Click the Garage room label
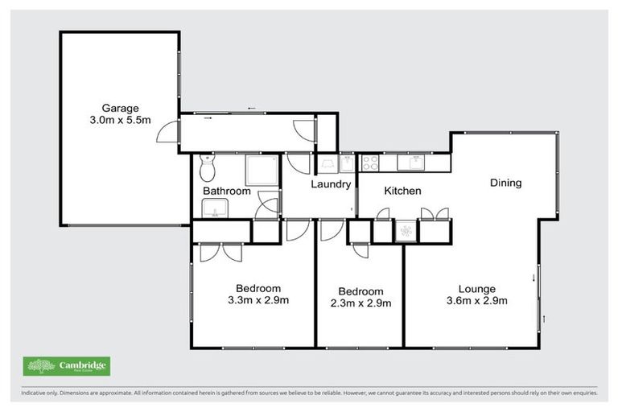(120, 108)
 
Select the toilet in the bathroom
(207, 168)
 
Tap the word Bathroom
(226, 192)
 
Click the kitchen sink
(415, 163)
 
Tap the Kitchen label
(402, 191)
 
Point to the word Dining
(505, 183)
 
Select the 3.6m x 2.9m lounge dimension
(477, 302)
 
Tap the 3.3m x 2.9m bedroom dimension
(257, 301)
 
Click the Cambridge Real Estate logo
(67, 367)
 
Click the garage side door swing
(167, 131)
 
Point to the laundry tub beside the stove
(348, 163)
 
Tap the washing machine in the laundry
(329, 163)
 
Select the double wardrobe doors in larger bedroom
(221, 251)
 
